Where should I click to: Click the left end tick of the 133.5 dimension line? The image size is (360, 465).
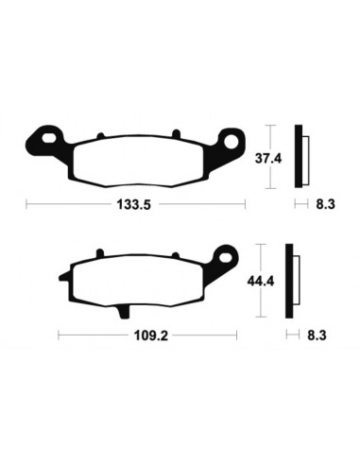[26, 203]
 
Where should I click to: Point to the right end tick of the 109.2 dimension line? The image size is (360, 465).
[240, 334]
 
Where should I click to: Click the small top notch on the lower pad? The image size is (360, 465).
[100, 254]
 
